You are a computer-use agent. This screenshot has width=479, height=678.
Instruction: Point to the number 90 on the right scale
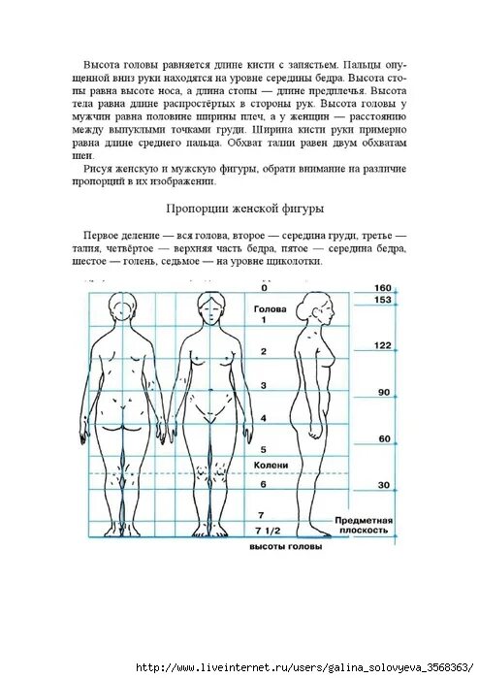(x=382, y=392)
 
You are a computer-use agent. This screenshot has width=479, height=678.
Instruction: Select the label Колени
(x=271, y=466)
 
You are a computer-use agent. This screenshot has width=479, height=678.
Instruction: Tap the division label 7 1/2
(x=267, y=531)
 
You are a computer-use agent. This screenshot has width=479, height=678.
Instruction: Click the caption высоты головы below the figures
(x=285, y=546)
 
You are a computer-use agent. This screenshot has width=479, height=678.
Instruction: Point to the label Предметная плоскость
(x=362, y=525)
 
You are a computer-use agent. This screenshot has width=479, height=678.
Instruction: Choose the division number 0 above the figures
(x=264, y=287)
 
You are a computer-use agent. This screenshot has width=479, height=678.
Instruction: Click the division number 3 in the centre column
(x=264, y=385)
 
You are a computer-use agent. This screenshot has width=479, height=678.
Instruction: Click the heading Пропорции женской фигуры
(x=243, y=209)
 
